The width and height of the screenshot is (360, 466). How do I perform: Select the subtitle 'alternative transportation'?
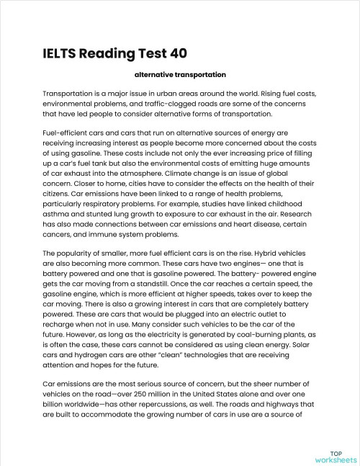tap(180, 75)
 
